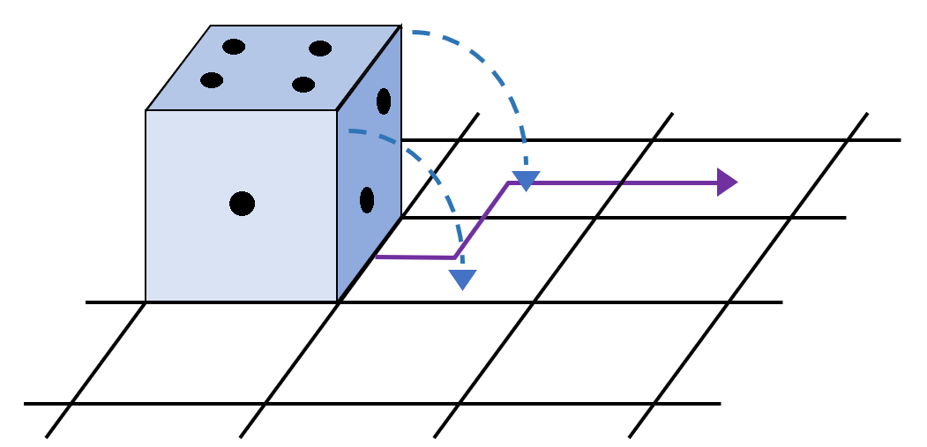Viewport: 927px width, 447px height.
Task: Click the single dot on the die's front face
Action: point(242,204)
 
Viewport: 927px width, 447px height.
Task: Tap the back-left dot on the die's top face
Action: point(234,47)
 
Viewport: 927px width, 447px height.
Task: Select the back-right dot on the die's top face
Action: point(320,48)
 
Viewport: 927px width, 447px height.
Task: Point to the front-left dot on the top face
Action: point(212,80)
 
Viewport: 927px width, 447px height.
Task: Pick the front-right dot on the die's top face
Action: point(303,85)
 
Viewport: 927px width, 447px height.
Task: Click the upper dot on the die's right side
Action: point(384,101)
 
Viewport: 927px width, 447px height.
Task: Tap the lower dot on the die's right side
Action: point(367,200)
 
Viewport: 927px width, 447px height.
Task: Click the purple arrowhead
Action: point(727,183)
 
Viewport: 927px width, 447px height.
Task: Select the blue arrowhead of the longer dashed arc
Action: point(526,181)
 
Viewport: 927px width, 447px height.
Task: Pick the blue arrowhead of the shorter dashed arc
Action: point(462,279)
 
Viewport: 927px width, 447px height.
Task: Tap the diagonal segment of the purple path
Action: point(482,220)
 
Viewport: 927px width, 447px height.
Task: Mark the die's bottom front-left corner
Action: point(146,302)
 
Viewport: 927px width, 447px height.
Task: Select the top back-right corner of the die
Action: point(401,26)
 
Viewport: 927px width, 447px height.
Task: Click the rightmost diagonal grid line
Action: point(750,273)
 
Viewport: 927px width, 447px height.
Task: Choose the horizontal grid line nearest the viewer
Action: point(370,404)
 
